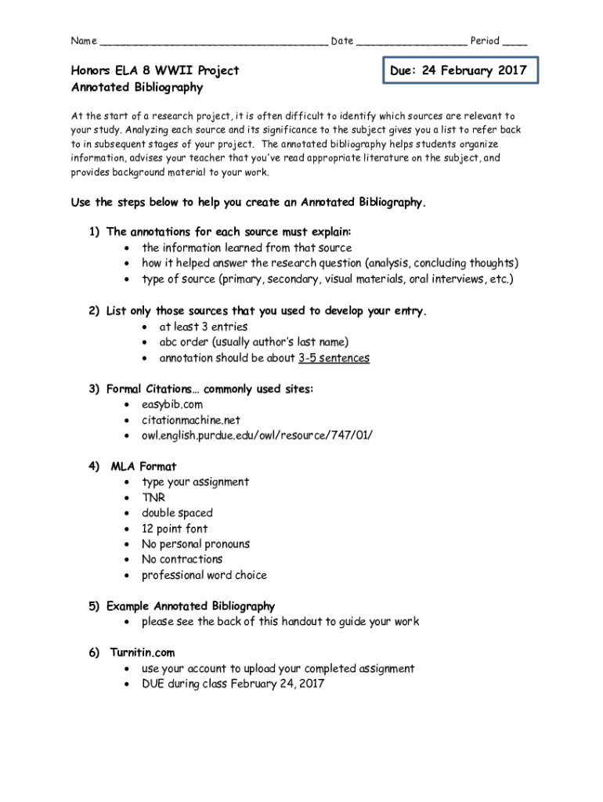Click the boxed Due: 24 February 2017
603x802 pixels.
459,70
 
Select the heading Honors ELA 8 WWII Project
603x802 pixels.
155,70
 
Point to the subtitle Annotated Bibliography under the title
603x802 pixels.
137,88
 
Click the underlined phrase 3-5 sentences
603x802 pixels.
334,358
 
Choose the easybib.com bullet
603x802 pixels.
172,404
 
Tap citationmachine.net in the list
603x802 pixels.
191,420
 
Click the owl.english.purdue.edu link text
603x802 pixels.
251,435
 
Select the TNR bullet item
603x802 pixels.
153,497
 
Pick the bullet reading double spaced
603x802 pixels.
177,513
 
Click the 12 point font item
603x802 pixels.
175,529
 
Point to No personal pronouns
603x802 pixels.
196,544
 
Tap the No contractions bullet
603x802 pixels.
182,559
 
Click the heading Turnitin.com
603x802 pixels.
143,652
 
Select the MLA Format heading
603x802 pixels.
143,467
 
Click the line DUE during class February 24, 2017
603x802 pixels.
233,684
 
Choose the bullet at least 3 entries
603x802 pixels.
204,327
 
